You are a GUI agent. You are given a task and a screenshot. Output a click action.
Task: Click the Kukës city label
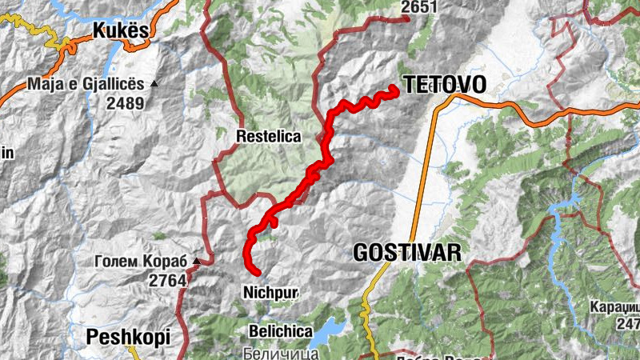(x=121, y=31)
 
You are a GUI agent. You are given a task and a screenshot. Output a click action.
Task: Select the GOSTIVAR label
(x=407, y=253)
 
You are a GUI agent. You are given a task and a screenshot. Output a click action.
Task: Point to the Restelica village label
(x=269, y=137)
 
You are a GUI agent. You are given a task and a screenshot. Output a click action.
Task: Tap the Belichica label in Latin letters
(x=279, y=330)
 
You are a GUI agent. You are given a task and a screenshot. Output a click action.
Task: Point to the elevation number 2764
(x=167, y=280)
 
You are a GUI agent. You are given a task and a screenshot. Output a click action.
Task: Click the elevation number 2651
(x=420, y=7)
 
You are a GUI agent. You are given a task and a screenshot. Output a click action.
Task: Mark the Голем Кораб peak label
(x=140, y=261)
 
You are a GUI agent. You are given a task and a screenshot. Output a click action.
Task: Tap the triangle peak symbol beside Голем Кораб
(x=196, y=260)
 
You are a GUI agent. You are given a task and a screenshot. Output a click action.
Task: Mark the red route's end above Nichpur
(x=258, y=273)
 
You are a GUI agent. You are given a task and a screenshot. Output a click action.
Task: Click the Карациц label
(x=616, y=307)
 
